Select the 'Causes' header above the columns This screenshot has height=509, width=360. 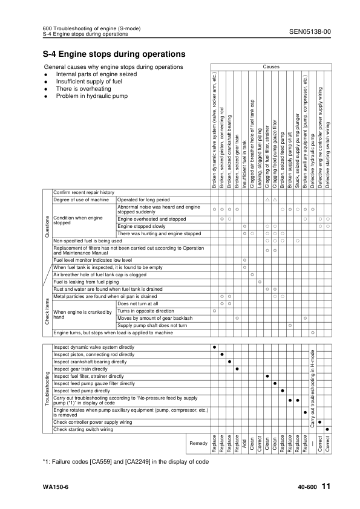pyautogui.click(x=270, y=66)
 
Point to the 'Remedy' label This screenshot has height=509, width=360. pyautogui.click(x=198, y=444)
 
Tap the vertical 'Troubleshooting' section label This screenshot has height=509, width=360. pyautogui.click(x=47, y=389)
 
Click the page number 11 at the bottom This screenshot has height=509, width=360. pyautogui.click(x=326, y=486)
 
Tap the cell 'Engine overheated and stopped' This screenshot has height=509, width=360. pyautogui.click(x=151, y=218)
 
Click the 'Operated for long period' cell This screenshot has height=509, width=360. pyautogui.click(x=144, y=199)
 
